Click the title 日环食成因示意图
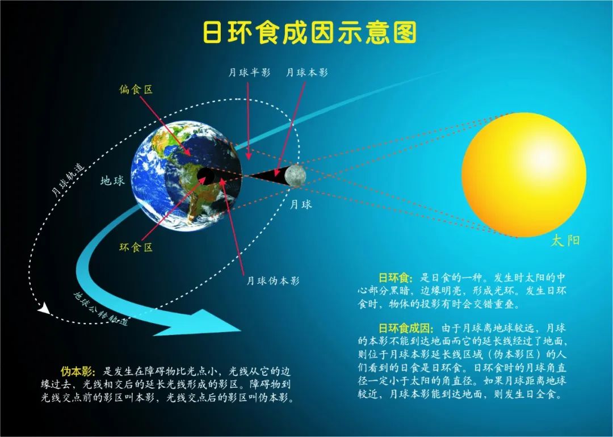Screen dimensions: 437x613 310,32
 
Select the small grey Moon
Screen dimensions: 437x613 295,175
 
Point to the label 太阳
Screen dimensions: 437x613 565,241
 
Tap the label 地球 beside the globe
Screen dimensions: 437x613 112,180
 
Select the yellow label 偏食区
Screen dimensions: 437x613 136,90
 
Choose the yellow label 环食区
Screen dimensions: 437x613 136,247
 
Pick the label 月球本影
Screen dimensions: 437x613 307,73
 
